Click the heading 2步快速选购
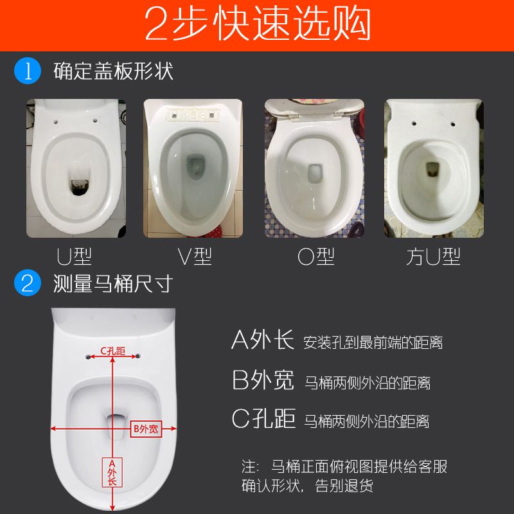257,25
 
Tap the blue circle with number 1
28,70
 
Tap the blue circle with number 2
28,283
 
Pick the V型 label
194,257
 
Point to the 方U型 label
433,257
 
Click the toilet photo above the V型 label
193,168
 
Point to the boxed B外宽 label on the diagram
145,429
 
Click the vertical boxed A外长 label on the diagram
112,472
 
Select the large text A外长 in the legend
262,340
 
